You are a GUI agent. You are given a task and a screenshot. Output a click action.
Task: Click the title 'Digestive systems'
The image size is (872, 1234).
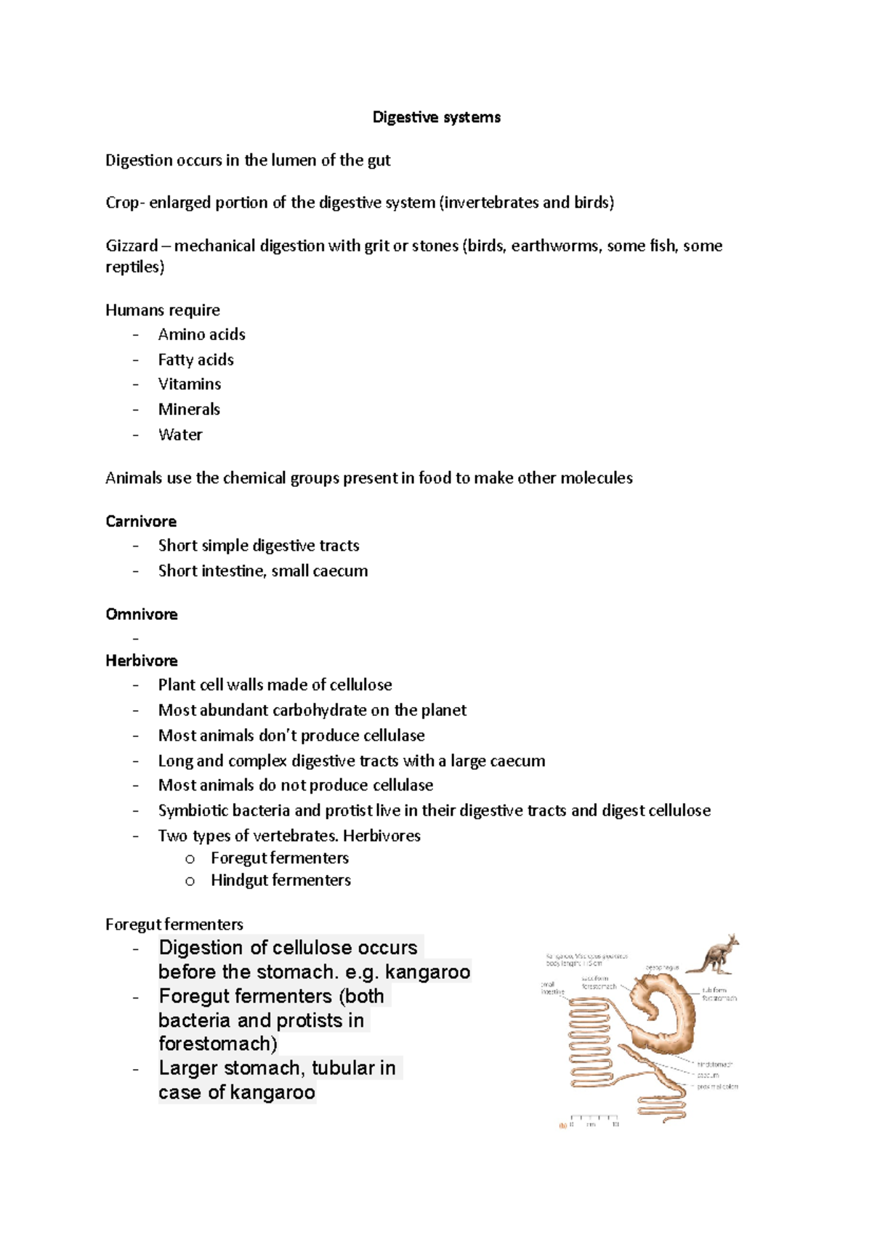[436, 117]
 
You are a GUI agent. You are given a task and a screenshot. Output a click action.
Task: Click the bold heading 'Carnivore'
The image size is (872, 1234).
[141, 521]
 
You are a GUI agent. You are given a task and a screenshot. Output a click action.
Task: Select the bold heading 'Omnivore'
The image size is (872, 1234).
[142, 614]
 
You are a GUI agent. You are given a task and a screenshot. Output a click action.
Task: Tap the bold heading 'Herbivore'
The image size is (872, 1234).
[142, 661]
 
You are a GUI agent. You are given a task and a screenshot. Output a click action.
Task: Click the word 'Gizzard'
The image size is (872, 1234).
[132, 246]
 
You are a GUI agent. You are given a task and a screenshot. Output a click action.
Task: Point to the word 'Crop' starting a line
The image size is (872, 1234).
[121, 203]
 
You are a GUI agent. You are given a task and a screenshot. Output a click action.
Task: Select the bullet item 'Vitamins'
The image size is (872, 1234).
[190, 384]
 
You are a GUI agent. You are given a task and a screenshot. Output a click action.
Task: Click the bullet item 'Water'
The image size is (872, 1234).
[180, 435]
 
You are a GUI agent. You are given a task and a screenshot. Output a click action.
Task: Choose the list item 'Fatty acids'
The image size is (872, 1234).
[196, 360]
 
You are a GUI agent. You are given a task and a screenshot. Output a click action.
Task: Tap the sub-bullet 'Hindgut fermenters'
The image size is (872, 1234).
[280, 880]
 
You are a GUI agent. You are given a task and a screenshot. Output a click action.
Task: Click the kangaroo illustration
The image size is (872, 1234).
[714, 954]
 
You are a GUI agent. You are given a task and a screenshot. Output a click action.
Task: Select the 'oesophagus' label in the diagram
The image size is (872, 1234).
[662, 968]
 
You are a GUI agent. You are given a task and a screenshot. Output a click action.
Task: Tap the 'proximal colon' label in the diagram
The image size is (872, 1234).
[717, 1087]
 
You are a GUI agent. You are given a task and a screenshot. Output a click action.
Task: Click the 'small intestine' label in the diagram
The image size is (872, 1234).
[552, 988]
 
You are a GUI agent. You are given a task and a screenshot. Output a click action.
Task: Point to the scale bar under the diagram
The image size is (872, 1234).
[594, 1117]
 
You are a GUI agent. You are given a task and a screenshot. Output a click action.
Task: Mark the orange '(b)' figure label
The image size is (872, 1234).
[562, 1125]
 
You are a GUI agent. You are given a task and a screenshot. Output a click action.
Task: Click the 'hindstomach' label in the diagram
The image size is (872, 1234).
[714, 1065]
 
